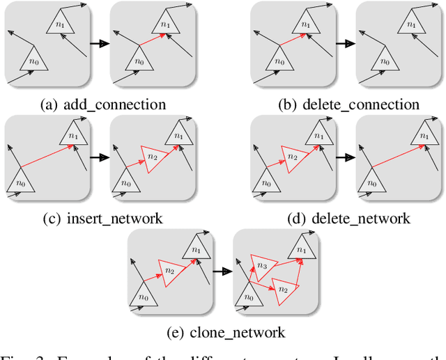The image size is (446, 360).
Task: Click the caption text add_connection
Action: pos(114,105)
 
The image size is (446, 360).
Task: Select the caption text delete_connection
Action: pos(359,105)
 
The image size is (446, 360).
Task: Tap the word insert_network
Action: pos(114,219)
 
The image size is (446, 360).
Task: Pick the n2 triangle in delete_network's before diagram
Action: pos(293,157)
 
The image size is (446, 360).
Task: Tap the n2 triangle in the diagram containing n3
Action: pos(283,288)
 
